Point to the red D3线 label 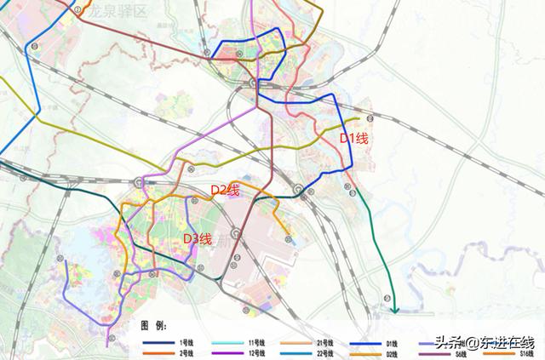point(198,238)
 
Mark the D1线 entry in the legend point(393,341)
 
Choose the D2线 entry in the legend point(393,353)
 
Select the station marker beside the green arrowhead point(387,297)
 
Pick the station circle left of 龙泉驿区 point(78,10)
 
